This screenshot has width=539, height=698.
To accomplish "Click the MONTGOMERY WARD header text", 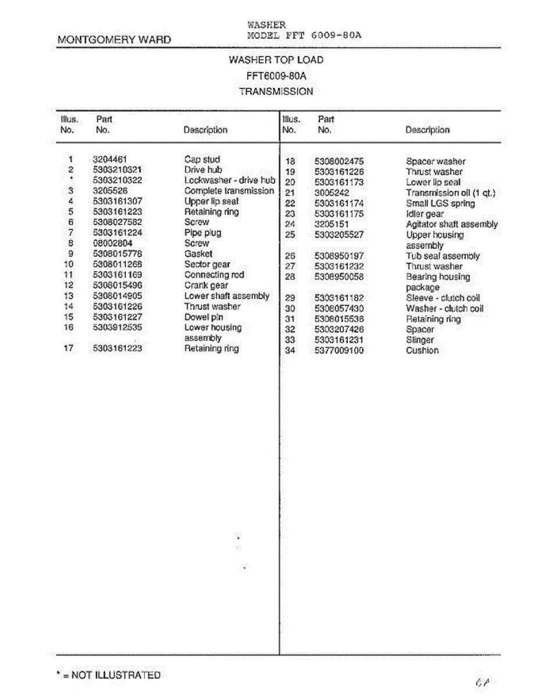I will click(x=114, y=40).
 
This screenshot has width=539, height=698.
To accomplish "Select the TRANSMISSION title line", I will click(x=276, y=91).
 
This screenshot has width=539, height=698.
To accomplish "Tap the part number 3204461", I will click(x=110, y=159).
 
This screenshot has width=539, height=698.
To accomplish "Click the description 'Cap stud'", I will click(x=202, y=159).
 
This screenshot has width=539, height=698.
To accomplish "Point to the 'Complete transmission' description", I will click(x=229, y=191).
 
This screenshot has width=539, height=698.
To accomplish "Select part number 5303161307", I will click(x=117, y=201).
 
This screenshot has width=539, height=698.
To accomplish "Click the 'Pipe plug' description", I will click(x=202, y=233).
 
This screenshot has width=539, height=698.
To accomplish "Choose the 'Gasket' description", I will click(x=198, y=254).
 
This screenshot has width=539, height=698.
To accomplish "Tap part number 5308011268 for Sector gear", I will click(x=117, y=264).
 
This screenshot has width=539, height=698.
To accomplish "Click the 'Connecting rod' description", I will click(x=214, y=275).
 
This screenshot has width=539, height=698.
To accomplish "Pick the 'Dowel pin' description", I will click(x=204, y=317).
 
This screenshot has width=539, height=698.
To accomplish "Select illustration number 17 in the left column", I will click(x=69, y=348).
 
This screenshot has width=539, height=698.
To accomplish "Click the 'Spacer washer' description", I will click(x=436, y=161).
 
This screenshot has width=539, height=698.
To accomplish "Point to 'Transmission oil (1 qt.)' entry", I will click(x=450, y=193).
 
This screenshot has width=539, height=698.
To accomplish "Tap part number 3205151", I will click(x=331, y=225).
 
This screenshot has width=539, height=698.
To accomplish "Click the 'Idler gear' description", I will click(x=424, y=214).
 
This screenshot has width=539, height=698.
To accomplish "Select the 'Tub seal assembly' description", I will click(x=442, y=256).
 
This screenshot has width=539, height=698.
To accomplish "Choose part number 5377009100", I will click(x=339, y=351).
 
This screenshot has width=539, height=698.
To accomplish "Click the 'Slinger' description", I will click(x=420, y=340).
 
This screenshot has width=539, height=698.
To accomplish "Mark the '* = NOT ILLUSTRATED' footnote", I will click(x=108, y=675).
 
